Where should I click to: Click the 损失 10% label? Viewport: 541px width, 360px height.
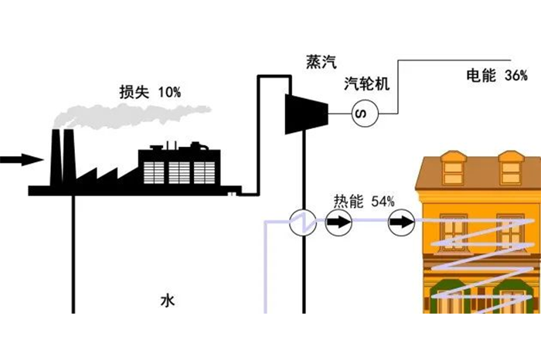[x=150, y=92]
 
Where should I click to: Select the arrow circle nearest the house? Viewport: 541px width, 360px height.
[x=400, y=224]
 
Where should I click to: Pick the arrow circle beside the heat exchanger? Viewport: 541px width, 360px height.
[x=338, y=224]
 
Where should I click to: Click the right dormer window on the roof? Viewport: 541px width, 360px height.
[x=511, y=166]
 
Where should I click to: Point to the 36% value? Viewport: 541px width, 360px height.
[x=515, y=76]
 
